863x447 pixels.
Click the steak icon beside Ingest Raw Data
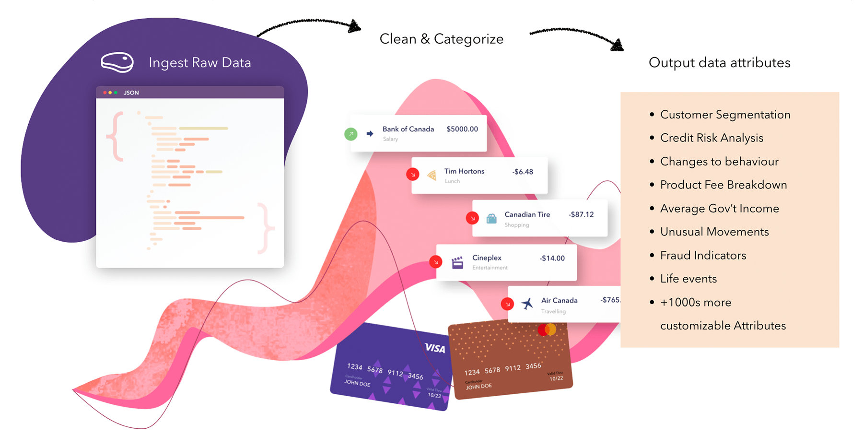click(x=117, y=62)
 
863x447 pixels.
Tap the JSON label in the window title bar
click(x=131, y=93)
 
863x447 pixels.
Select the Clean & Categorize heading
click(x=441, y=39)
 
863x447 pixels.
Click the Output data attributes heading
click(x=719, y=63)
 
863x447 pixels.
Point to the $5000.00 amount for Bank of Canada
click(x=462, y=129)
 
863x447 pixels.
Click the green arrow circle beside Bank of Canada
click(x=351, y=134)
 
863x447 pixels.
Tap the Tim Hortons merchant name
click(x=464, y=171)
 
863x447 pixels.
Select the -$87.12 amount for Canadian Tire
click(x=581, y=214)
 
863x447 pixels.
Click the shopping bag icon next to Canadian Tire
click(x=491, y=219)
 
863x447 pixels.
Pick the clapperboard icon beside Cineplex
click(x=457, y=262)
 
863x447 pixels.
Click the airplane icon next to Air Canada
click(x=527, y=304)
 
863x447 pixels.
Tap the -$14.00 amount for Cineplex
click(x=552, y=258)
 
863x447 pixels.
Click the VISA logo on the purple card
click(x=435, y=348)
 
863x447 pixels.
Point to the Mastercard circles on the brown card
click(x=547, y=329)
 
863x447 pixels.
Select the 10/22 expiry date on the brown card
click(x=556, y=378)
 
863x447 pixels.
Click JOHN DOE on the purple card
click(x=357, y=383)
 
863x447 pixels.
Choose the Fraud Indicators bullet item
click(x=703, y=256)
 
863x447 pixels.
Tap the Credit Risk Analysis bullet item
click(x=711, y=138)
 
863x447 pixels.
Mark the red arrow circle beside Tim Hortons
click(x=413, y=175)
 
